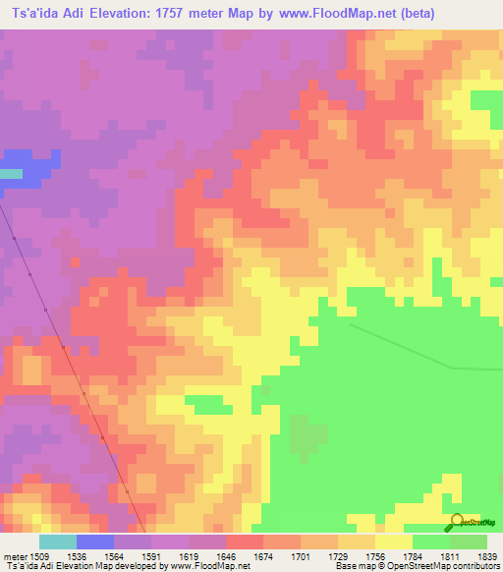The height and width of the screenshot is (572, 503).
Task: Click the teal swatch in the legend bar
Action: [58, 542]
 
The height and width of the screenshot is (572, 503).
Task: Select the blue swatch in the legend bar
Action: [95, 542]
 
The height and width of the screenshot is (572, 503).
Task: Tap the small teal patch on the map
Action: [10, 174]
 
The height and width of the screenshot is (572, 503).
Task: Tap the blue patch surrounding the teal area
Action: [29, 165]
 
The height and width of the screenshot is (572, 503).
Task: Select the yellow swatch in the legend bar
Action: [394, 542]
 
